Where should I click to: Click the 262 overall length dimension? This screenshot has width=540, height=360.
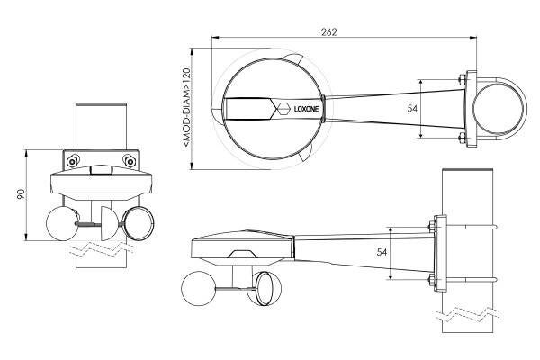(328, 32)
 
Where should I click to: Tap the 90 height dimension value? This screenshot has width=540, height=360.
(21, 194)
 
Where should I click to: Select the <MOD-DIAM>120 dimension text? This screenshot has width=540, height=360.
(186, 107)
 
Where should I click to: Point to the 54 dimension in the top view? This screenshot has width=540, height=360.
(412, 109)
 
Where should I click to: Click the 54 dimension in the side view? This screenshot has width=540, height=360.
(382, 252)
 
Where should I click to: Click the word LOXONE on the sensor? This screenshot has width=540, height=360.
(306, 109)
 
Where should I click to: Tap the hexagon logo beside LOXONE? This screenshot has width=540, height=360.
(283, 109)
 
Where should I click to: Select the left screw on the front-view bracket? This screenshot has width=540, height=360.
(73, 161)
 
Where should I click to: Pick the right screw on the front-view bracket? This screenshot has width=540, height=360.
(130, 161)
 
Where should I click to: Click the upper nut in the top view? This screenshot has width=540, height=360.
(463, 80)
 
